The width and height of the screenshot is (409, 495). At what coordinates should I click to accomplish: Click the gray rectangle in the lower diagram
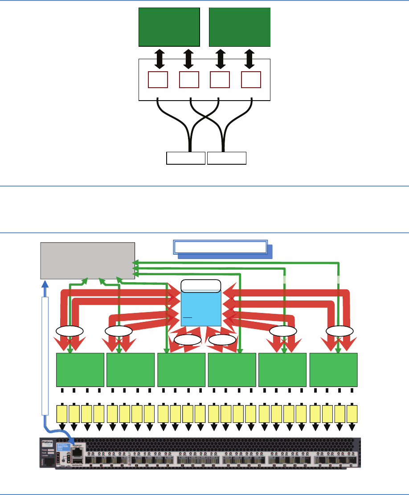coord(87,260)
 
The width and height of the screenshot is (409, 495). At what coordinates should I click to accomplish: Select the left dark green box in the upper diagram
coord(169,27)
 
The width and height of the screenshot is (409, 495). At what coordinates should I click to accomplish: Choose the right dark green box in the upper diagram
coord(240,27)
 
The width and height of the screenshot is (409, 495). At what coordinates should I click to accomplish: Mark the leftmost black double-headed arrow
coord(158,59)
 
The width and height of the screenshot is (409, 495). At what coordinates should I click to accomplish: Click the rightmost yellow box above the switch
coord(352,414)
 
